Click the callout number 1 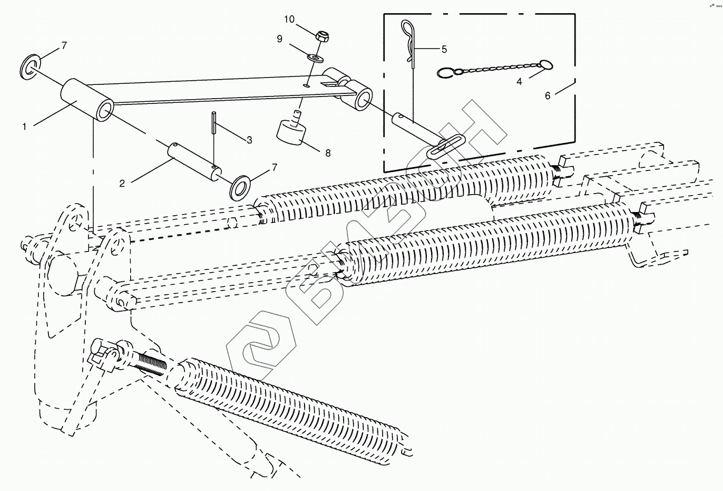pos(24,127)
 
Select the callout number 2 pos(122,183)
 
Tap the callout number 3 pos(249,140)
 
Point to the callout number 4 pos(519,82)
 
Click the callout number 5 pos(444,49)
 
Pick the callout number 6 pos(548,95)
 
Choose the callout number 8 pos(328,153)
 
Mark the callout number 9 pos(280,38)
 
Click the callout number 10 pos(289,20)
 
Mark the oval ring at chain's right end pos(546,65)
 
